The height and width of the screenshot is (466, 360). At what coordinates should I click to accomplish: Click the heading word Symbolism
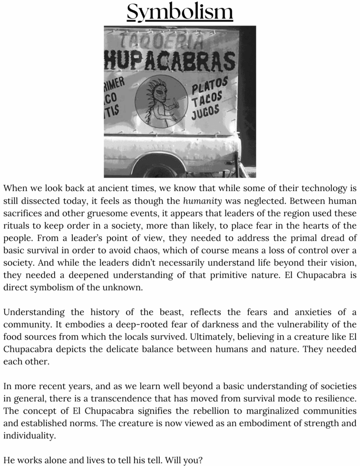pos(180,12)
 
